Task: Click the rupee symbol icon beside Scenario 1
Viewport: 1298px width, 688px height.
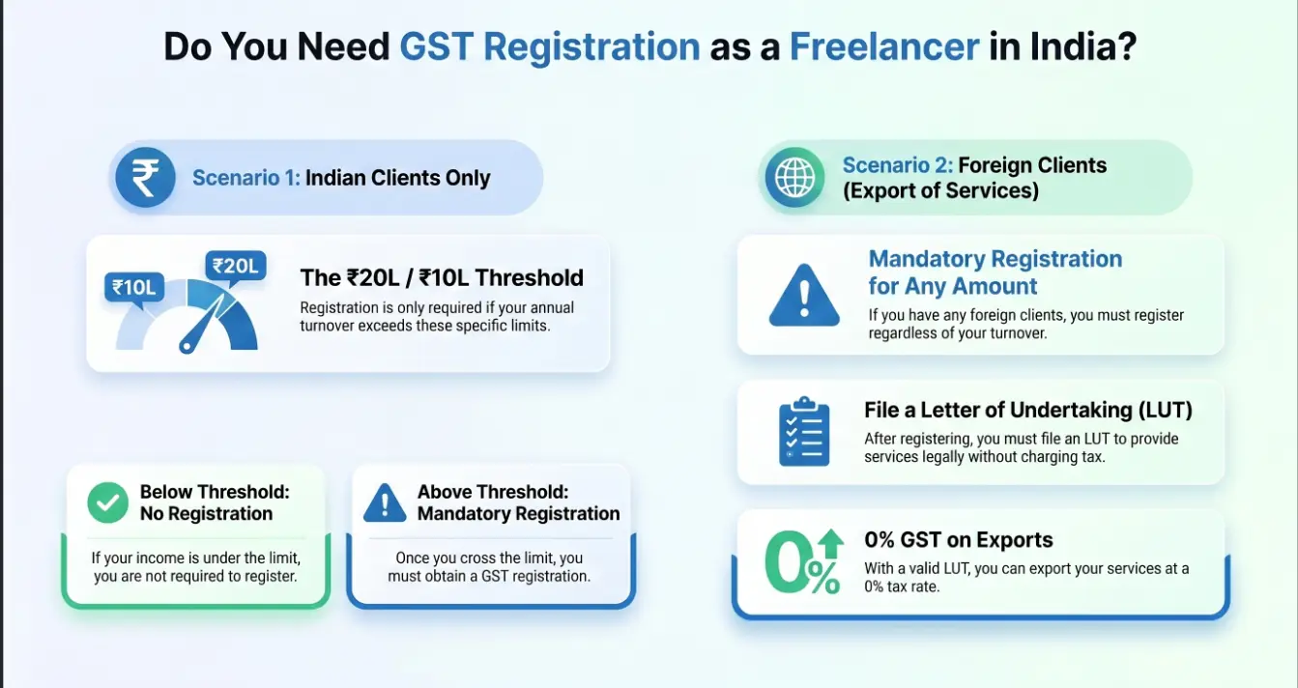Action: [145, 179]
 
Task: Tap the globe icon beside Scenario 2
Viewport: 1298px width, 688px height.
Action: [795, 178]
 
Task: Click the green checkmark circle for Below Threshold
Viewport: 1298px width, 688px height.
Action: [107, 502]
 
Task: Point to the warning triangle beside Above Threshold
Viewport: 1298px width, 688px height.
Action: [385, 502]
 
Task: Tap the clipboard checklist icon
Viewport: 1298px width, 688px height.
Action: [803, 432]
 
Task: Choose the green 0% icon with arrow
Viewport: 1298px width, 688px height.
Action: [803, 562]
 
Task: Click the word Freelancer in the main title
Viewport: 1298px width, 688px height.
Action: [884, 46]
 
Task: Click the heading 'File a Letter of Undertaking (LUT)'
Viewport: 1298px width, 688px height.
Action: [1028, 410]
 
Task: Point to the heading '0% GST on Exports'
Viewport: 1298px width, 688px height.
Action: [959, 540]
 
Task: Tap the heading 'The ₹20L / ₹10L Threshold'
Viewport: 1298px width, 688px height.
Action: [442, 278]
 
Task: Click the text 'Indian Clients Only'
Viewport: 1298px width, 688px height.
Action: [398, 178]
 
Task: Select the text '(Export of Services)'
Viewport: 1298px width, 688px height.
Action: [940, 190]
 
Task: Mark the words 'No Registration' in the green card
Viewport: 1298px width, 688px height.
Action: [206, 513]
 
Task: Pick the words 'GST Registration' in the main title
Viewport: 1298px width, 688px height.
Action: [550, 46]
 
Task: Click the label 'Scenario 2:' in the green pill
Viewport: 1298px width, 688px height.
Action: [897, 165]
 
